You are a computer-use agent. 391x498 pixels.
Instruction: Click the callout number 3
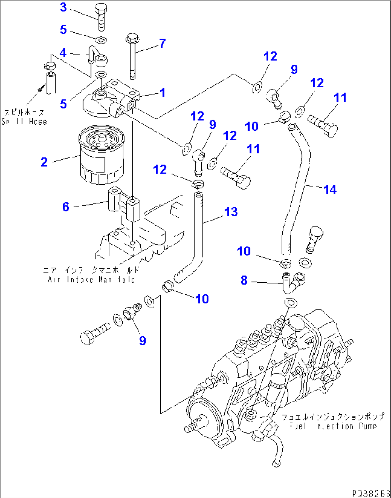point(63,7)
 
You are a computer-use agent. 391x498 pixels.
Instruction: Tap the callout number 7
point(162,43)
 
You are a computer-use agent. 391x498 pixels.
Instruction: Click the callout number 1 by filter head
point(162,92)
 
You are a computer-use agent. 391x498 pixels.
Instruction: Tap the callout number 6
point(66,207)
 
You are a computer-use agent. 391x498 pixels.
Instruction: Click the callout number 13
point(231,212)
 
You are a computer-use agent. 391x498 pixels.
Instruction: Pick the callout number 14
point(330,189)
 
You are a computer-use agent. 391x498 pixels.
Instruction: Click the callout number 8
point(244,280)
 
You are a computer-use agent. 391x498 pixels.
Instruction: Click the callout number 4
point(63,52)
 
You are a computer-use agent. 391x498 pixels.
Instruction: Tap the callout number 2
point(44,162)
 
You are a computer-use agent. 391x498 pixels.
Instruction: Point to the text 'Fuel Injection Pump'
point(333,426)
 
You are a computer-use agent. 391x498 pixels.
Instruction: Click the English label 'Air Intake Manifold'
point(91,280)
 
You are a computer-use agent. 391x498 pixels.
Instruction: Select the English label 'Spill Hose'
point(24,121)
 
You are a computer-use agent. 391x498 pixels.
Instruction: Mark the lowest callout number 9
point(142,340)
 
